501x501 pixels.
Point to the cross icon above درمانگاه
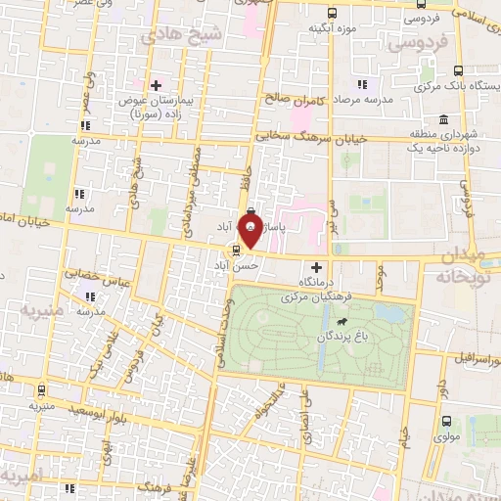315,267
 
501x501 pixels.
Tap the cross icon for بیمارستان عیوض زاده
156,85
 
